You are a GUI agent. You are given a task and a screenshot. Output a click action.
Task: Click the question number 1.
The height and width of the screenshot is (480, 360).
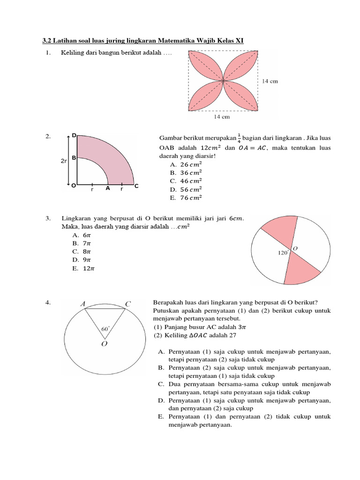pos(48,53)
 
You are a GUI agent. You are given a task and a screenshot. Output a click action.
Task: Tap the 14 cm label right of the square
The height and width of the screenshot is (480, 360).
pos(270,81)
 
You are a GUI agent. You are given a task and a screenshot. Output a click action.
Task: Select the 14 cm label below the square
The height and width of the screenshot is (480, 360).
pos(223,117)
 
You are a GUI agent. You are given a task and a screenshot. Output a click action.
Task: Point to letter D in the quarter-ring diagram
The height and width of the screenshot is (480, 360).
pos(74,135)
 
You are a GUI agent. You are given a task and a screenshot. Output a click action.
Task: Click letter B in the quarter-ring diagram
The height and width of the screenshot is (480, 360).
pos(74,158)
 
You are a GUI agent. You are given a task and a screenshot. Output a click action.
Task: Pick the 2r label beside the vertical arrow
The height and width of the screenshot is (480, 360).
pos(63,161)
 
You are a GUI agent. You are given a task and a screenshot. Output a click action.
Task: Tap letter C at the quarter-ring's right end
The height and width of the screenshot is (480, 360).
pos(136,187)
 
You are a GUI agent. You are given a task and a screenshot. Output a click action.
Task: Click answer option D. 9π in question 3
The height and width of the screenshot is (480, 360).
pos(82,260)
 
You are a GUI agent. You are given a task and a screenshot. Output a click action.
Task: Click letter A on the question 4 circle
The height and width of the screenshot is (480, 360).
pos(83,304)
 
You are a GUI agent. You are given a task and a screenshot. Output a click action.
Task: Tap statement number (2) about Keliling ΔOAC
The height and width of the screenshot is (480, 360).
pos(158,336)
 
